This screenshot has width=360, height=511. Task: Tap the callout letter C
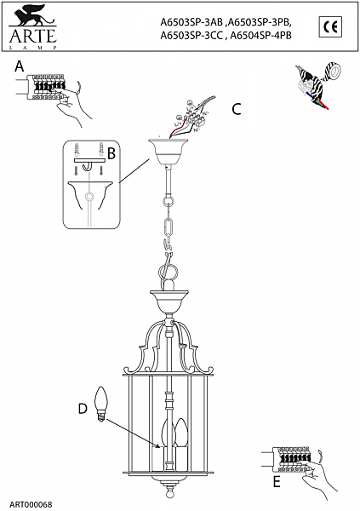237,110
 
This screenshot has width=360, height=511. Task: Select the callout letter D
83,409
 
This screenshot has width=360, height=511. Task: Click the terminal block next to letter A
47,86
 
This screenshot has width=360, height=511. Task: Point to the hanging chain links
168,230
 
